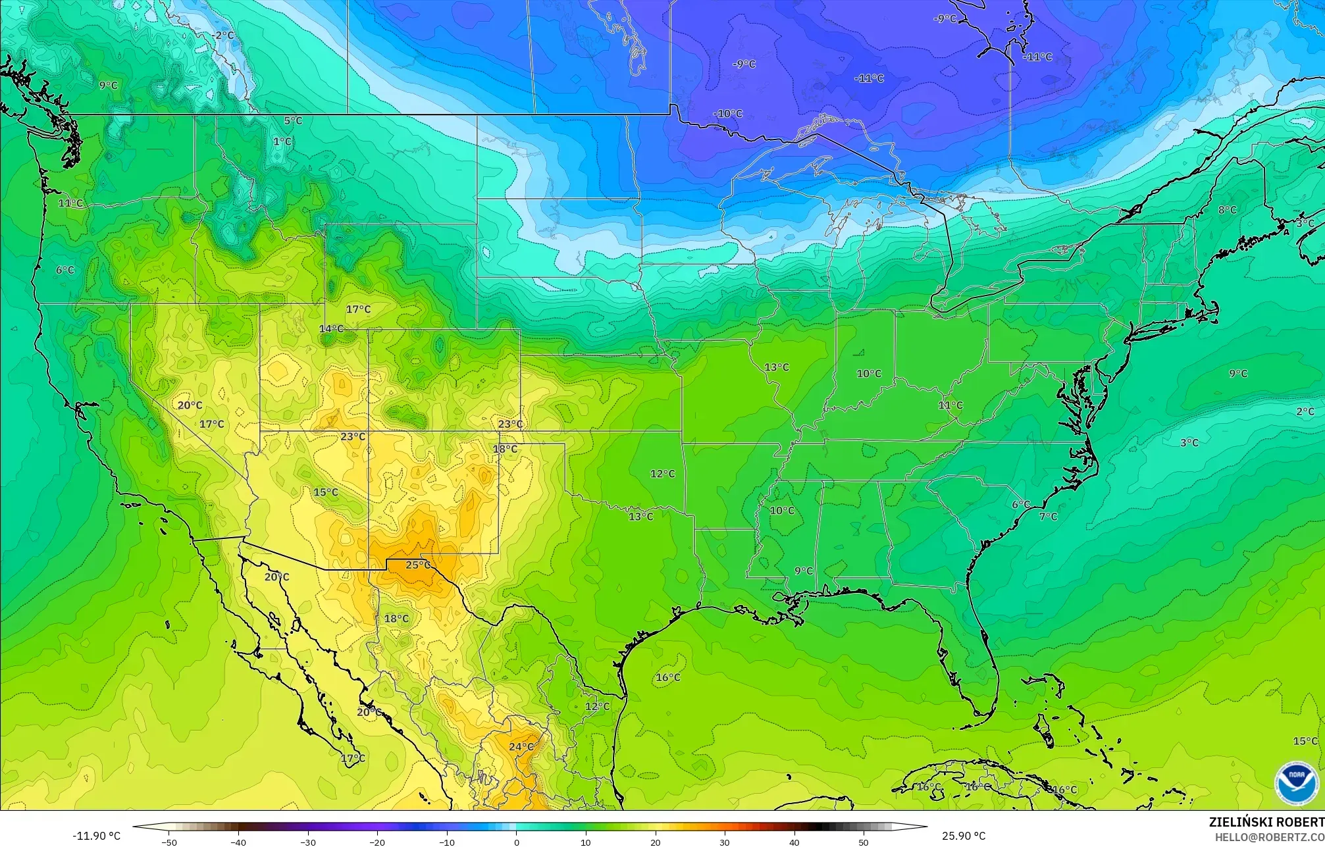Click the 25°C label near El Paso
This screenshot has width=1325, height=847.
pyautogui.click(x=418, y=565)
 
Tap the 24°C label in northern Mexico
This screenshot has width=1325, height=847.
pyautogui.click(x=521, y=746)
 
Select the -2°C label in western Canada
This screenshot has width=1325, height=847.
pyautogui.click(x=224, y=35)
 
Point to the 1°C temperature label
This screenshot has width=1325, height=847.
pyautogui.click(x=282, y=141)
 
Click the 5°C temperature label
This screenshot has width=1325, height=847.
pyautogui.click(x=293, y=120)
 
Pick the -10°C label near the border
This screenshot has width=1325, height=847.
pyautogui.click(x=727, y=113)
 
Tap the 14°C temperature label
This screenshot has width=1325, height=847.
pyautogui.click(x=331, y=328)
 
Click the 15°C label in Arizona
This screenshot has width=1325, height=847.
pyautogui.click(x=325, y=492)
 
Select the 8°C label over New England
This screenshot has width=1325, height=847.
pyautogui.click(x=1227, y=210)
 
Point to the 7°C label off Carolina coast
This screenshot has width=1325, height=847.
pyautogui.click(x=1048, y=517)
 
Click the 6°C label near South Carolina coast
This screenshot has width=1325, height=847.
pyautogui.click(x=1021, y=504)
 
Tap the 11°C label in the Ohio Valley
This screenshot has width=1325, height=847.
pyautogui.click(x=950, y=405)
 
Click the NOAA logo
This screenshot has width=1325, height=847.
pyautogui.click(x=1296, y=783)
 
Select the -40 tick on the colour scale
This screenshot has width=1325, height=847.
pyautogui.click(x=239, y=842)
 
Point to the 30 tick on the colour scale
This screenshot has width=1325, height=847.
pyautogui.click(x=724, y=842)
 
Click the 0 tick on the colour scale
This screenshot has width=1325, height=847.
pyautogui.click(x=516, y=842)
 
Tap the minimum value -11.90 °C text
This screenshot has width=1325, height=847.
pyautogui.click(x=97, y=836)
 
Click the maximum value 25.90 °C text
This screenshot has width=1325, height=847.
pyautogui.click(x=964, y=836)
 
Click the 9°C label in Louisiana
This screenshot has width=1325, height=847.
pyautogui.click(x=803, y=571)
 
